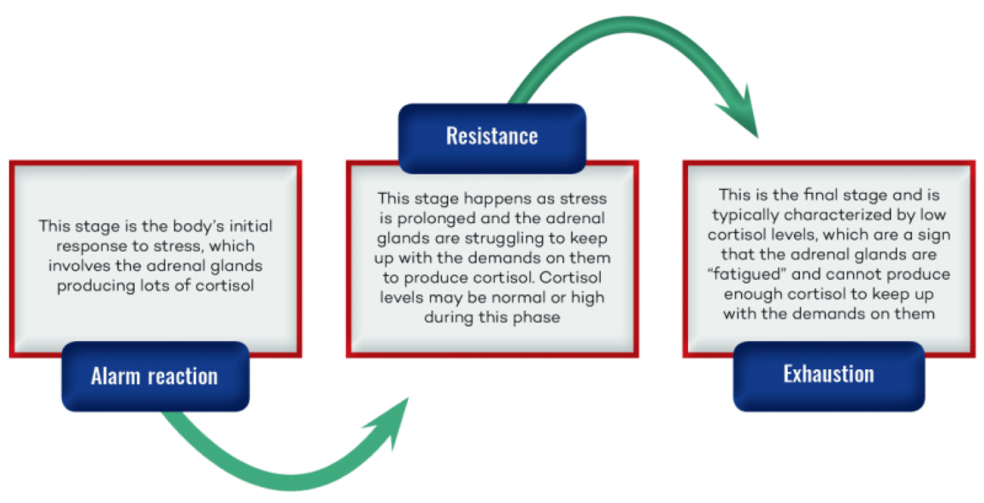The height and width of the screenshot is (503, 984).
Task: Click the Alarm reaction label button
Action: [x=155, y=376]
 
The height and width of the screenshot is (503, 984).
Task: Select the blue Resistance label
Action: [x=492, y=136]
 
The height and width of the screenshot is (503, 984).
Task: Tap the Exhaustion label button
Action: [x=828, y=375]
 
